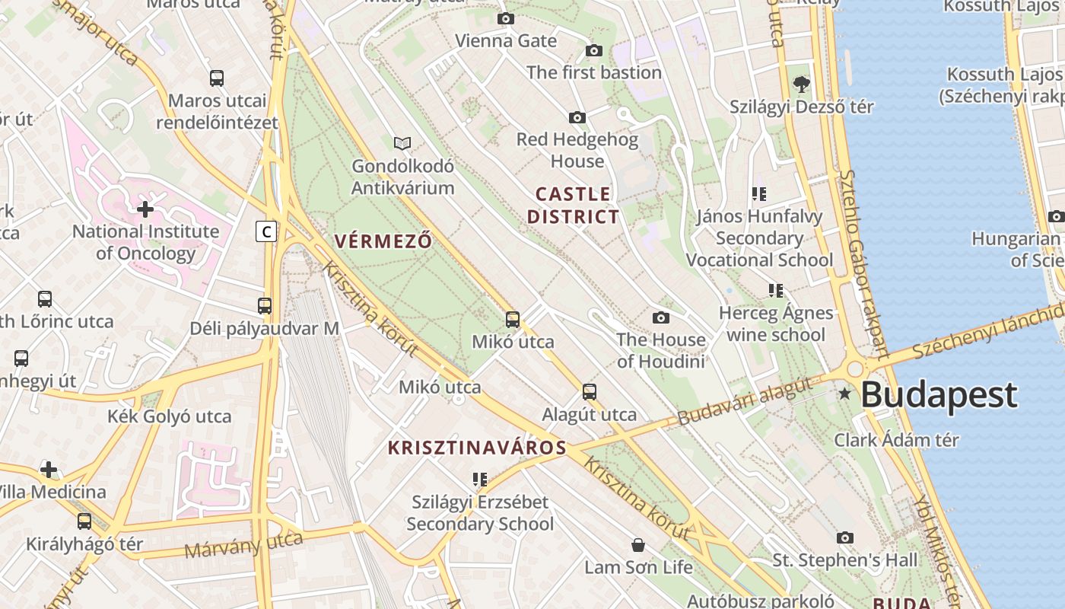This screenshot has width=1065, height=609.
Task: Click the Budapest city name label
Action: pos(939,395)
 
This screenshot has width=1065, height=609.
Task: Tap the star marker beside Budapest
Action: pos(844,394)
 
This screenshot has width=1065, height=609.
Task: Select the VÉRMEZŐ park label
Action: pos(383,241)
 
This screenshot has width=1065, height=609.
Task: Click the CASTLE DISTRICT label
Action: pos(573,206)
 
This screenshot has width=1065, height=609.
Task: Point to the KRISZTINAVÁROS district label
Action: pos(477,448)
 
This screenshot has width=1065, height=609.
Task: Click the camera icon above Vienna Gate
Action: pos(506,18)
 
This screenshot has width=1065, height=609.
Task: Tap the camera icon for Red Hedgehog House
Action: pos(577,117)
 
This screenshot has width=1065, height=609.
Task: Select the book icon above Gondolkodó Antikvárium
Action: pos(402,143)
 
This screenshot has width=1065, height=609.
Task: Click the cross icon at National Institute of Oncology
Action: pos(145,209)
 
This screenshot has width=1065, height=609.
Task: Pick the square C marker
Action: pos(265,231)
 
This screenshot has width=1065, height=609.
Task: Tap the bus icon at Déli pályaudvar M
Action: pos(265,306)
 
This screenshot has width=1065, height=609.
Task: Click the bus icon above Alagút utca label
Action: pos(590,392)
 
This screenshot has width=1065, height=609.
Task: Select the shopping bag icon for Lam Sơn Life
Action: pos(638,545)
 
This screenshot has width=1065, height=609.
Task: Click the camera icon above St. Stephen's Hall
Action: pos(845,537)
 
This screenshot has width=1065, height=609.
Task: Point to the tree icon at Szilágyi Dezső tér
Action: pos(801,84)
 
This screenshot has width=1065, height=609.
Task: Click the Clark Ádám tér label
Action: pos(896,440)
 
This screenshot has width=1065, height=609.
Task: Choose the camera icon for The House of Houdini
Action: pos(661,317)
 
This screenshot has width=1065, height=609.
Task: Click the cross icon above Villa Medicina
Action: pos(49,470)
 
